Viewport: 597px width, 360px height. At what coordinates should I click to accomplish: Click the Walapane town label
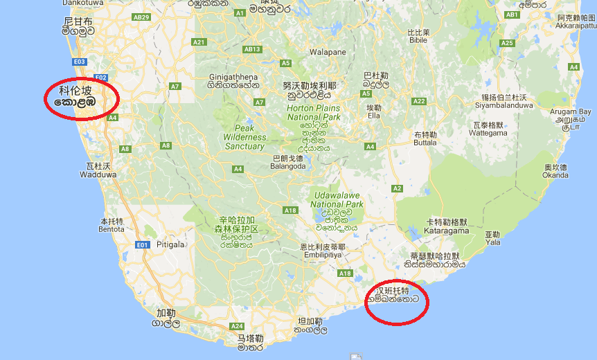coord(328,52)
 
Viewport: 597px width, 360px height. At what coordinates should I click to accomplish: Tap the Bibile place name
coord(418,40)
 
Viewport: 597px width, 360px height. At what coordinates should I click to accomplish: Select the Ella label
coord(374,116)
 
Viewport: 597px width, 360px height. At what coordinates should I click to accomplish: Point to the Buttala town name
coord(425,142)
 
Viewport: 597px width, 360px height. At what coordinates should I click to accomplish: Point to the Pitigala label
coord(171,244)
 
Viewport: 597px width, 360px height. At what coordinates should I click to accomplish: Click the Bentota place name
coord(111,228)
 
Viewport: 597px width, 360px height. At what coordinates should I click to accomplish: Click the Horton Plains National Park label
coord(314,113)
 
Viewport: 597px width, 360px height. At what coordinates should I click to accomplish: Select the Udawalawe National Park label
coord(337,199)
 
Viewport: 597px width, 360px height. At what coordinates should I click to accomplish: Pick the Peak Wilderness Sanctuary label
coord(244,137)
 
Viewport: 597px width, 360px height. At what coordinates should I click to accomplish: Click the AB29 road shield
coord(141,36)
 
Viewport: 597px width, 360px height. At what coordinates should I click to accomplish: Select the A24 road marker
coord(237,325)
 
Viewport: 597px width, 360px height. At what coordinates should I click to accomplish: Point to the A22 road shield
coord(418,101)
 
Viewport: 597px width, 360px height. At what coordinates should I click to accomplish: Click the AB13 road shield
coord(252,49)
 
